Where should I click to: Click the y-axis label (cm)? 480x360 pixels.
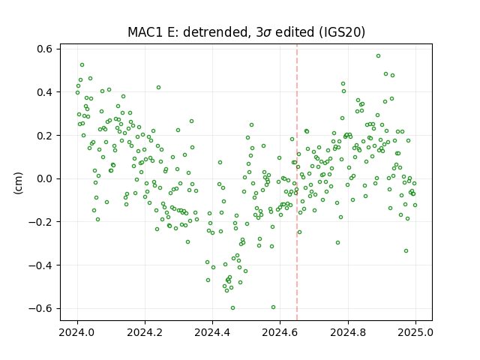(18, 183)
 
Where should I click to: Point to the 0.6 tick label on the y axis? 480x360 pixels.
(45, 49)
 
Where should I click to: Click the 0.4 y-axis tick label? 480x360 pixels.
(45, 92)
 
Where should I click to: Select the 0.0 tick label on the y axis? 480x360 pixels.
(45, 178)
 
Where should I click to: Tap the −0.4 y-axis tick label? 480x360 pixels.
(40, 265)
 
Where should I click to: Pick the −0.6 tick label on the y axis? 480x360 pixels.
(40, 308)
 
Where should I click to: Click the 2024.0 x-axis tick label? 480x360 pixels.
(77, 332)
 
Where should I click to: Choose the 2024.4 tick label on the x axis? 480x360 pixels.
(212, 332)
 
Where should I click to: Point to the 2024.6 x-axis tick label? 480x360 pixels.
(280, 332)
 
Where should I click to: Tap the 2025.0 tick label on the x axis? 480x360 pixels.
(415, 332)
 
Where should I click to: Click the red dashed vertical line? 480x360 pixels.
(297, 182)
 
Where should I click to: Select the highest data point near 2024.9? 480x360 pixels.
(378, 56)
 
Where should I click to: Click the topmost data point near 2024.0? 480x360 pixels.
(82, 65)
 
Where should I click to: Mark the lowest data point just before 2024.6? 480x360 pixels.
(273, 307)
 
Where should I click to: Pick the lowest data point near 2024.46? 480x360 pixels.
(233, 308)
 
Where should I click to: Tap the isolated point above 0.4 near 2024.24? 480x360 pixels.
(158, 88)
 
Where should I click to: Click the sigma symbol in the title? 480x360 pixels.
(267, 33)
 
